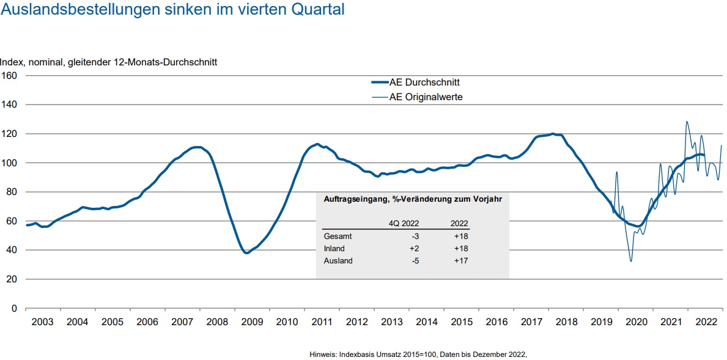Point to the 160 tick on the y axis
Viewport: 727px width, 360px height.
(9, 76)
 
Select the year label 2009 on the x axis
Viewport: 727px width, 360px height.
(252, 322)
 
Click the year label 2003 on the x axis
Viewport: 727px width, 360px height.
(42, 322)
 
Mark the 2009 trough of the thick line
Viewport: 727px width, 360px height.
(246, 252)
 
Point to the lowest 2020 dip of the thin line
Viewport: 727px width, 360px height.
(631, 262)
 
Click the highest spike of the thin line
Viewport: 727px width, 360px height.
(687, 122)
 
